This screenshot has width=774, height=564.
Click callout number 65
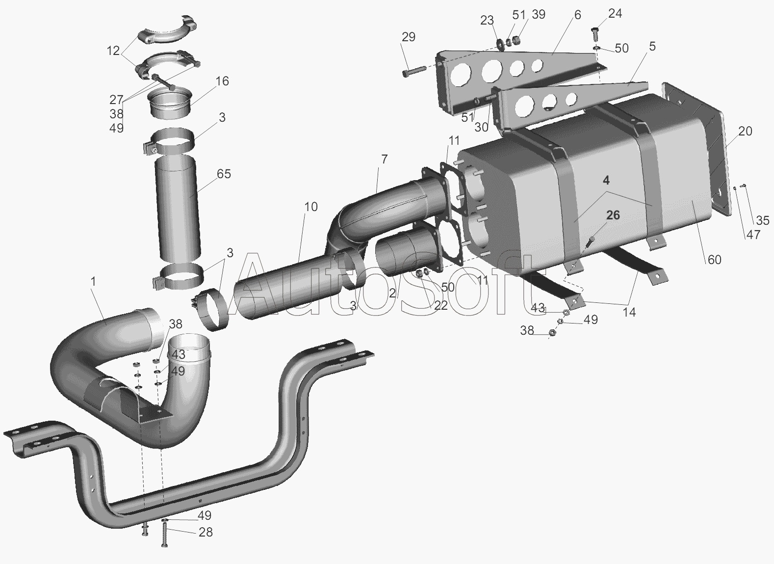click(x=224, y=174)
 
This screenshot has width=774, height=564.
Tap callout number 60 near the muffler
click(x=714, y=259)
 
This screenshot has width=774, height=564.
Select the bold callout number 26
click(x=613, y=215)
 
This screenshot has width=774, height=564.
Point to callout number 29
click(x=409, y=37)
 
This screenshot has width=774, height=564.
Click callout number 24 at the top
click(x=615, y=13)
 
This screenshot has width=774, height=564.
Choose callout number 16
click(x=222, y=81)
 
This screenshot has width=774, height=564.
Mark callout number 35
click(x=763, y=220)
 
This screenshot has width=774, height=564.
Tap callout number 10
click(x=310, y=207)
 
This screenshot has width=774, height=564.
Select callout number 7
click(x=385, y=159)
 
